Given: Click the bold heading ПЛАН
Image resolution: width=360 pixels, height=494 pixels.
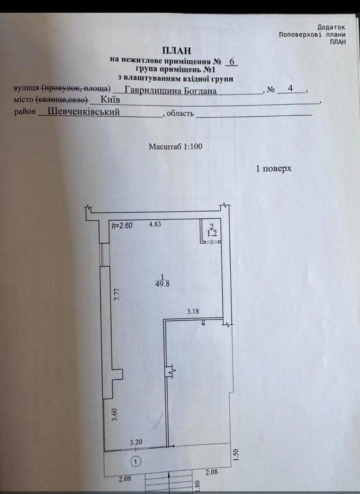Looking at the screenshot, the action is (177, 51).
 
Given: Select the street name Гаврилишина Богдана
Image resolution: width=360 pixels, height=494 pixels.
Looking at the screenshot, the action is (171, 91).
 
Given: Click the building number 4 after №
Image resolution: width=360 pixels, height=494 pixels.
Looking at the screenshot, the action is (290, 88).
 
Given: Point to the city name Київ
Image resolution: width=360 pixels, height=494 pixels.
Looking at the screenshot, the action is (110, 100).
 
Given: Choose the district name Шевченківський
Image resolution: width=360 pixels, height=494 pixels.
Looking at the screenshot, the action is (84, 112).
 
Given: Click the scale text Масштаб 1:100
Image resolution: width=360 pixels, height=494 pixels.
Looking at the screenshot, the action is (175, 147).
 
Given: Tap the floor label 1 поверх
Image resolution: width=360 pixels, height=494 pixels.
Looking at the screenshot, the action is (274, 169).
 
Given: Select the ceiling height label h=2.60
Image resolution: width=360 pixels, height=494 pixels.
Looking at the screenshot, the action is (122, 226).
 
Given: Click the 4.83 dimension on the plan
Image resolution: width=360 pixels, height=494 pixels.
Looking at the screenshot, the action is (155, 224).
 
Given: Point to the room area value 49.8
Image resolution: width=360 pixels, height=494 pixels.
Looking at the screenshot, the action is (162, 284).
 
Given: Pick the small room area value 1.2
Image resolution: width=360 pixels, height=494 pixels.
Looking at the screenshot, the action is (213, 234).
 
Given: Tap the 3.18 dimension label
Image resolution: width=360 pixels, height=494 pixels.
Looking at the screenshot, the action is (193, 311).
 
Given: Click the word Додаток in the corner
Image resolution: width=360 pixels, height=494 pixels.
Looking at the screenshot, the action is (331, 27).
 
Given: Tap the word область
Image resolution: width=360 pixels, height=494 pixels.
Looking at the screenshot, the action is (180, 113).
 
